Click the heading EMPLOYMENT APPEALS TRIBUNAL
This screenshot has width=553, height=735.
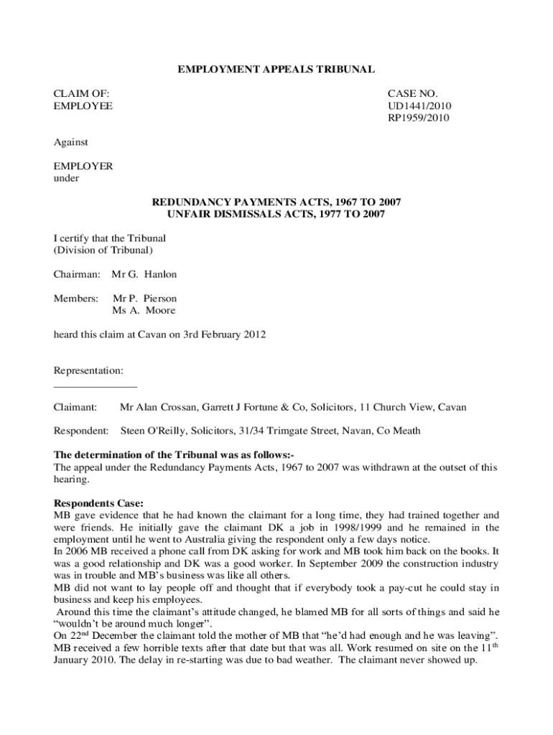[x=276, y=70]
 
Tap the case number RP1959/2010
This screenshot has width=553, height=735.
[x=419, y=118]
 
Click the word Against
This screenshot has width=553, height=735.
[x=72, y=143]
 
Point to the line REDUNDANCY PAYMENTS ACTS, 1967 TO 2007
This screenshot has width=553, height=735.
[x=276, y=202]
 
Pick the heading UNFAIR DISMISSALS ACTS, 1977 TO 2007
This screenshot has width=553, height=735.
[x=276, y=214]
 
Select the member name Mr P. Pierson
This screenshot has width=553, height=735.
[x=144, y=298]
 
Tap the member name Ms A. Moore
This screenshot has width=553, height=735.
[x=144, y=310]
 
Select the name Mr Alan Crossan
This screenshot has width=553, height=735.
[x=155, y=407]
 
